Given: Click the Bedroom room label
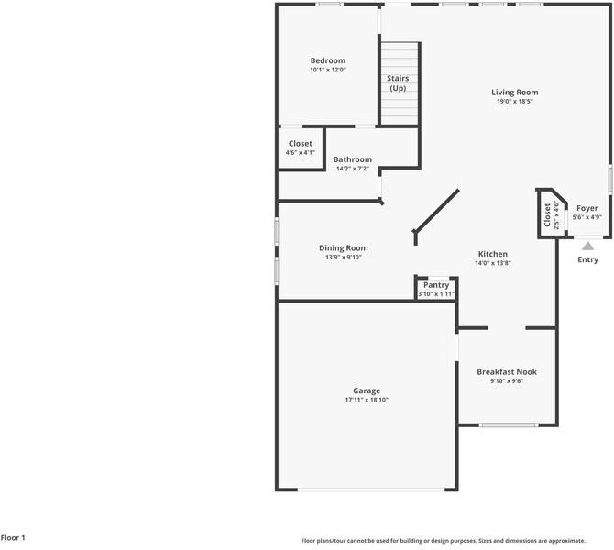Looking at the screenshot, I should coord(327,60).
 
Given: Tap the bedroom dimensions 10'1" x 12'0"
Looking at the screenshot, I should coord(327,70).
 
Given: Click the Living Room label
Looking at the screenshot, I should coord(514,92).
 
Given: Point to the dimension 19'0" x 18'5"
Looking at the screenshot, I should coord(514,101).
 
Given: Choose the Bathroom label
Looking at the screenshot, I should coord(352,159).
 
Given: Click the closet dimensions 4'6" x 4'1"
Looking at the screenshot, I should coord(300,152).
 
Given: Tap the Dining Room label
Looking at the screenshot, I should coord(343,247).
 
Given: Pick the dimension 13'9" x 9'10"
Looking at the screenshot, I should coord(343,257).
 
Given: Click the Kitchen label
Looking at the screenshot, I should coord(492,254).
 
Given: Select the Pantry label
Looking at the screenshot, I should coord(435,285).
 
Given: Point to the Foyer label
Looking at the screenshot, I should coord(587,208).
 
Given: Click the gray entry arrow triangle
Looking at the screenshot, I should coord(587,245).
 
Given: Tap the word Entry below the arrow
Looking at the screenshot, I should coord(587,259).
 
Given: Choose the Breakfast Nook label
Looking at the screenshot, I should coord(506,371).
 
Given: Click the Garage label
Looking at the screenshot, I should coord(367,390).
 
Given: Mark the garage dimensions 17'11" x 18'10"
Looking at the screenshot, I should coord(367,400).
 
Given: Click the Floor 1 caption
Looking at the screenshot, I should coord(14,538).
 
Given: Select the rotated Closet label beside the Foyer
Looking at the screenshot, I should coord(547,215).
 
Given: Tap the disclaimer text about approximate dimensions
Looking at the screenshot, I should coord(444,541).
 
